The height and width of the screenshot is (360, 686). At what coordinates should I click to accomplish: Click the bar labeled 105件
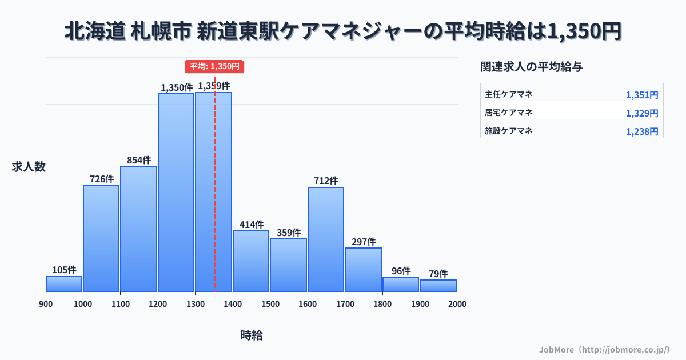coord(64,284)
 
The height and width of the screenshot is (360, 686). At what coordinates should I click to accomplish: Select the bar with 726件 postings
coord(101,238)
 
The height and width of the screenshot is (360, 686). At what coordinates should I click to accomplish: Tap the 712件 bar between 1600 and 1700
coord(326,239)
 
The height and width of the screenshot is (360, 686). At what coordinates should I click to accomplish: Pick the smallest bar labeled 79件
coord(438,286)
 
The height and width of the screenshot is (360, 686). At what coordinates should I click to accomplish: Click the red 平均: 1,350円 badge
coord(214,66)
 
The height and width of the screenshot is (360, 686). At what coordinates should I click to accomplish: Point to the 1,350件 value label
coord(176,87)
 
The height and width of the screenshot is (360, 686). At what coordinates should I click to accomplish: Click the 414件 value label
coord(251,225)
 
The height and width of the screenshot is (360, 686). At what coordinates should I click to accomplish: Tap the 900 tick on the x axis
coord(46,304)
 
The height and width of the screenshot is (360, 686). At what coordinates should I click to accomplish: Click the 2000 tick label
coord(457,304)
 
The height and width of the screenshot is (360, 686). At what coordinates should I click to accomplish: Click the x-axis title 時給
coord(251,335)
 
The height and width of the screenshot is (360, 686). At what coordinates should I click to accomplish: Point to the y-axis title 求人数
coord(28,167)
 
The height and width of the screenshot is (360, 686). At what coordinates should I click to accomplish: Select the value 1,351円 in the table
coord(641,95)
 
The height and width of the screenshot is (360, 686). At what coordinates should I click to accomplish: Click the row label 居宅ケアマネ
coord(508,113)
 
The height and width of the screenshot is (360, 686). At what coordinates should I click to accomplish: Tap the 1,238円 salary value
coord(641,131)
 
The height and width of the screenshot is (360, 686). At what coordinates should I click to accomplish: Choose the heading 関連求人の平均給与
coord(531,67)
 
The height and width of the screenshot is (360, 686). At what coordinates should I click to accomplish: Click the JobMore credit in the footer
coord(604,349)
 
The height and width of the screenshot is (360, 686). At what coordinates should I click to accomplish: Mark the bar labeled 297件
coord(363,270)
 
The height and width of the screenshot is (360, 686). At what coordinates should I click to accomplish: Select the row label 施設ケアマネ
coord(508,131)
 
